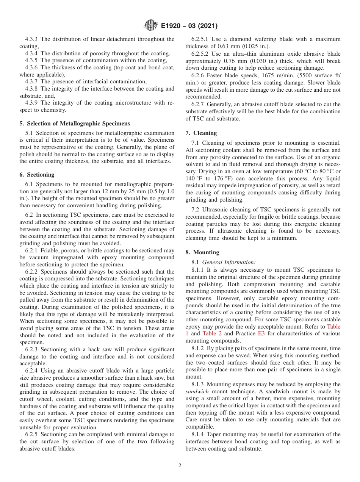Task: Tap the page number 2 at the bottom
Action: coord(180,466)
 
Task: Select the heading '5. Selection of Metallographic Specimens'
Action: coord(75,124)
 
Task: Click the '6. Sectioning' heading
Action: coord(37,175)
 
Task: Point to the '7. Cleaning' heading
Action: coord(201,133)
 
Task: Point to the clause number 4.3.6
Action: coord(32,67)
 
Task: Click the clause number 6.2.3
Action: coord(32,349)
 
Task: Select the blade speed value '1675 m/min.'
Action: coord(271,75)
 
